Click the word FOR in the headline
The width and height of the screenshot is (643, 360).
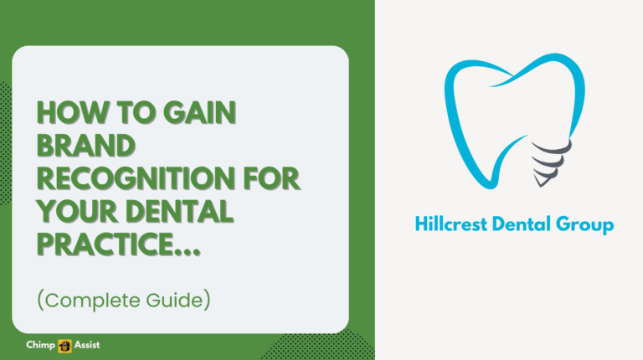tap(270, 179)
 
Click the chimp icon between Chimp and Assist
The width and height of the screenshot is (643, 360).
tap(64, 345)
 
